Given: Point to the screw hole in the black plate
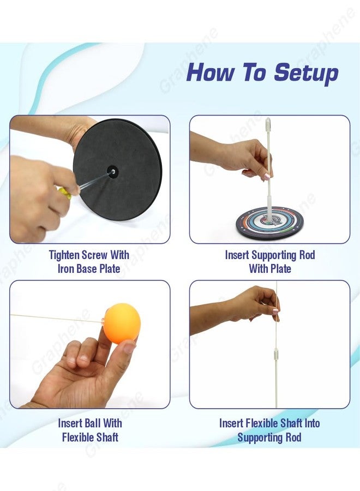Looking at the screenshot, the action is tap(112, 171).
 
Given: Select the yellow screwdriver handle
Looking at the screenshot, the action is tap(64, 191).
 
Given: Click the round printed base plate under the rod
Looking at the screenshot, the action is tap(269, 223).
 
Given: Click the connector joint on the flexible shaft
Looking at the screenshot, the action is tap(276, 355).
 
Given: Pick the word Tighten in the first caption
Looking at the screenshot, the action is tap(64, 255).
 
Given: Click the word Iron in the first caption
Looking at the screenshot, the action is tap(66, 268).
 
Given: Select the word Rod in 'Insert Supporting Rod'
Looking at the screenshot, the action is tap(307, 255).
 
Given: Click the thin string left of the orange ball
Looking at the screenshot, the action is tap(57, 319).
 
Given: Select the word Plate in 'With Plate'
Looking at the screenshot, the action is tap(280, 268).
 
